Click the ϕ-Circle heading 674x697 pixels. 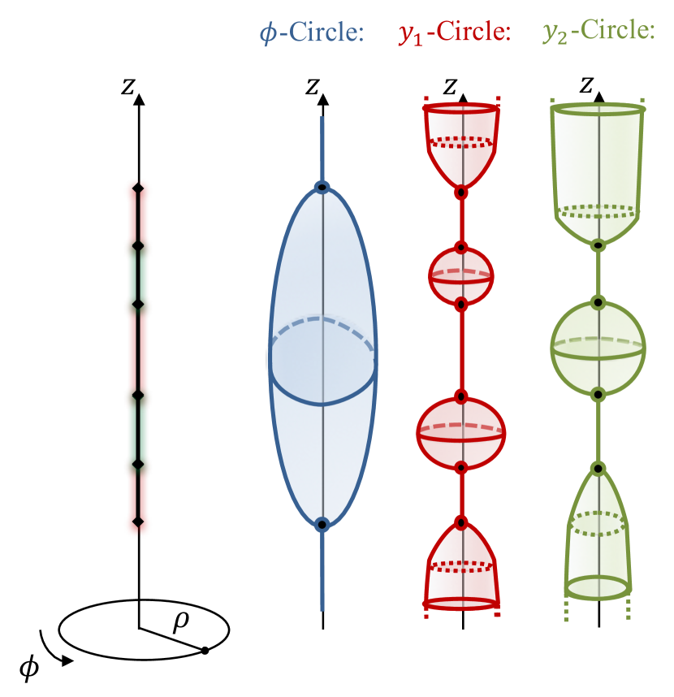click(x=311, y=32)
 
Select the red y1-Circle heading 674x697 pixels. click(x=454, y=33)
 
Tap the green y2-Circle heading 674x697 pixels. click(x=598, y=32)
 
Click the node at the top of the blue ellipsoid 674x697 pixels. click(x=322, y=188)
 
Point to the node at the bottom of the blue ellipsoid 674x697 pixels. click(x=322, y=525)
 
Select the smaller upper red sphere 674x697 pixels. click(x=461, y=275)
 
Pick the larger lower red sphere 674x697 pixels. click(x=461, y=434)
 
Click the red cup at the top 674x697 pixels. click(x=461, y=142)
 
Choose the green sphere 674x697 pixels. click(x=598, y=348)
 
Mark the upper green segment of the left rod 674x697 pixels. click(x=138, y=275)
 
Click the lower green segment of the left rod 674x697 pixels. click(x=138, y=429)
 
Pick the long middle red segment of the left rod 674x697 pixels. click(x=138, y=349)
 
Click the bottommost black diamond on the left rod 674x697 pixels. click(x=138, y=522)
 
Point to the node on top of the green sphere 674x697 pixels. click(x=598, y=302)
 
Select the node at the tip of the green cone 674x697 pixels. click(x=598, y=468)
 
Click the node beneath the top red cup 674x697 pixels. click(x=461, y=193)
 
